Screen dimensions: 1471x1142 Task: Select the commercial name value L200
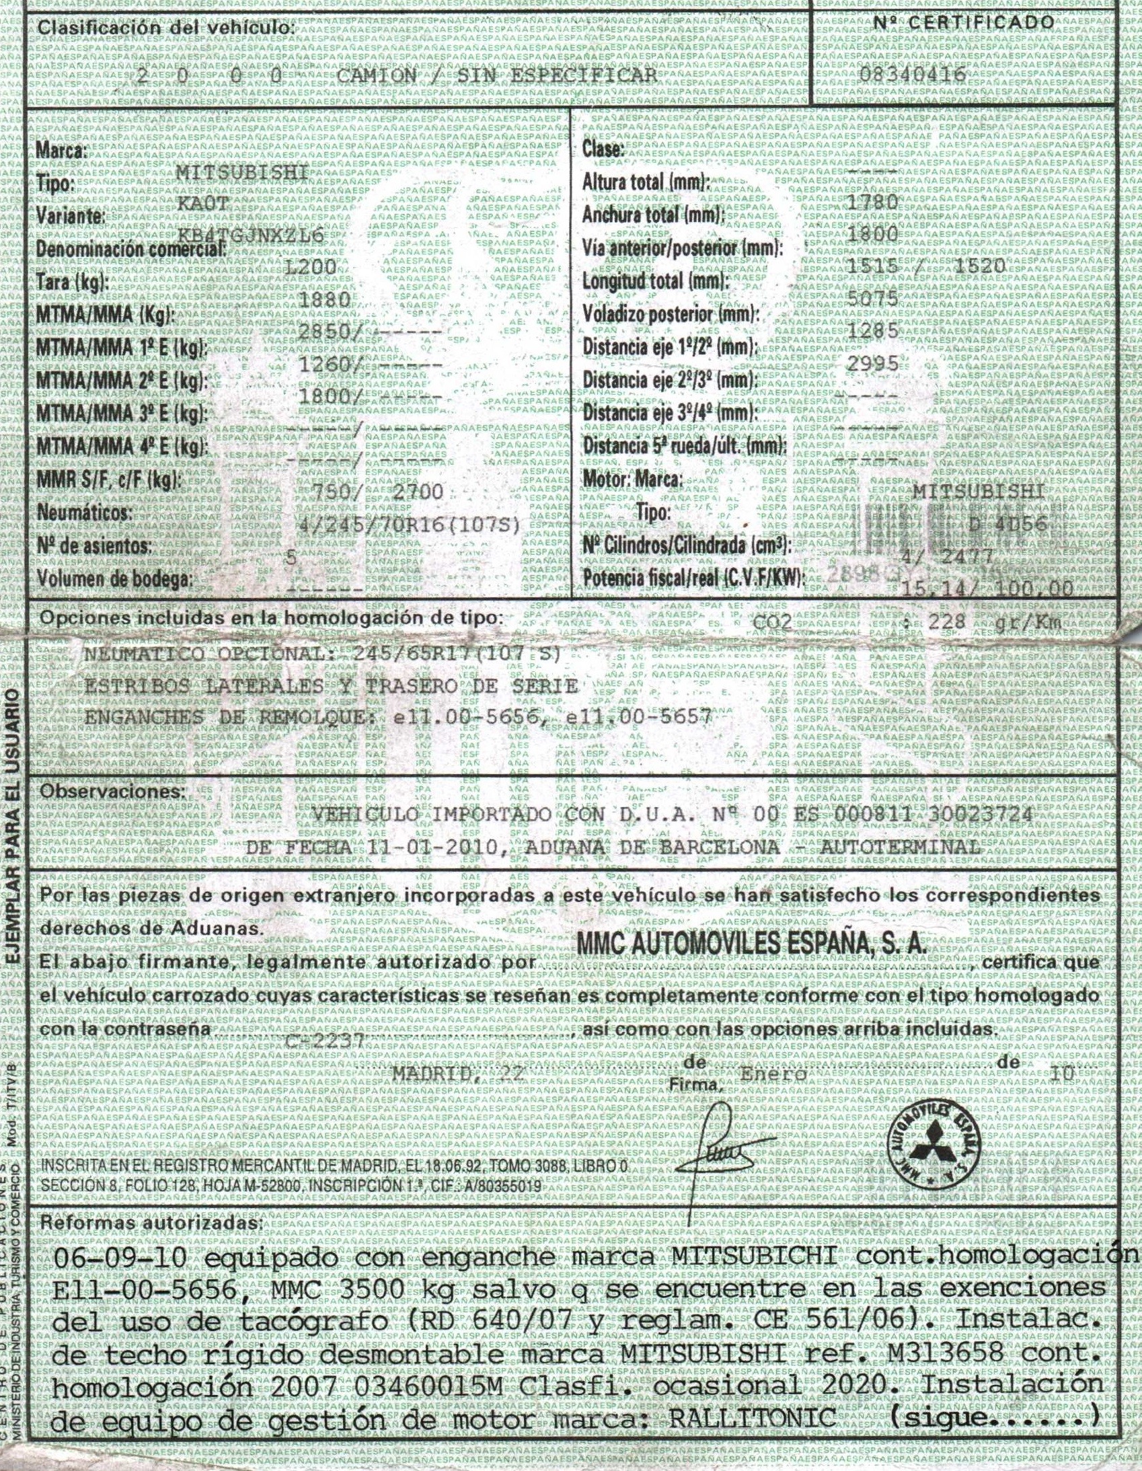311,267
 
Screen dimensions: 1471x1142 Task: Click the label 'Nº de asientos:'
94,545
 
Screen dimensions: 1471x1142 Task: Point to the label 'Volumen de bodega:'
114,578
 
